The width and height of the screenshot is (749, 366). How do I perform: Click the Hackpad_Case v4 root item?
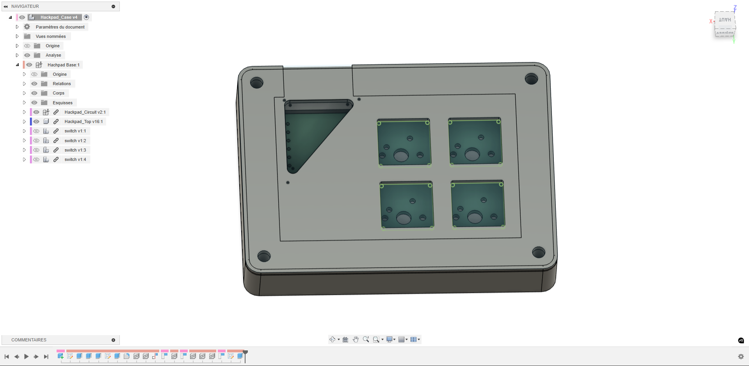point(59,17)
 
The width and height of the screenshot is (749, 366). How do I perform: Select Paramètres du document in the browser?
point(60,27)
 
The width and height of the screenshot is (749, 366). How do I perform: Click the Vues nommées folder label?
point(51,36)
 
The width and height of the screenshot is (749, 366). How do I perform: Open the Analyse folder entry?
point(53,55)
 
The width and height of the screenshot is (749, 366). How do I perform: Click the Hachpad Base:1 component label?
point(63,65)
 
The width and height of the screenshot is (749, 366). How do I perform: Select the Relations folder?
point(62,84)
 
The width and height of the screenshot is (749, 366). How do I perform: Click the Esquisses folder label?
point(62,103)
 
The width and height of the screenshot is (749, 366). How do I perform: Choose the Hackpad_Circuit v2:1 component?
point(85,112)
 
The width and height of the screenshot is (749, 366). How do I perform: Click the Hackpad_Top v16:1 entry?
point(84,121)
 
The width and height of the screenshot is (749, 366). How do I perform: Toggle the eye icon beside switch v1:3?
point(36,150)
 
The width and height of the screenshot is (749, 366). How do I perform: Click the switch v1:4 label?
point(75,159)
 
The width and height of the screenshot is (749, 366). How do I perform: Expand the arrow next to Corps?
point(24,93)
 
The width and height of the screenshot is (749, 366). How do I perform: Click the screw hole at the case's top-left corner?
point(256,83)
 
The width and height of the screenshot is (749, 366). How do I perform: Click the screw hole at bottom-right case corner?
point(539,252)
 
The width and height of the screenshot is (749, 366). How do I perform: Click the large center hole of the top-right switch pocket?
point(472,155)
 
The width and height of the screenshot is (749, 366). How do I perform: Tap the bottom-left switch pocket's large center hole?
point(404,218)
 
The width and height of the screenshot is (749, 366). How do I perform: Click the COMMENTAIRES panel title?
point(29,340)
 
